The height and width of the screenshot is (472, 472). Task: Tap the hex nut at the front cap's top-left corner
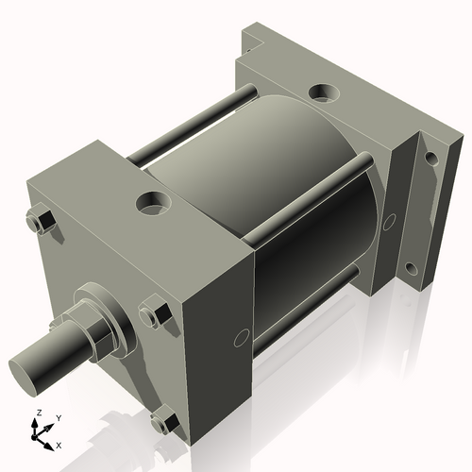(41, 222)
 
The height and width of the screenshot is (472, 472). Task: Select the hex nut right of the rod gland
(154, 312)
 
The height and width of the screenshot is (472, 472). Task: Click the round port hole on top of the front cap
(151, 202)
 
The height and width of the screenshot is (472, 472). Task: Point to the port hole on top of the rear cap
(324, 93)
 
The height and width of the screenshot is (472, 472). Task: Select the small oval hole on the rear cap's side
(387, 222)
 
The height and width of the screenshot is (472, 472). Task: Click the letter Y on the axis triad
(58, 417)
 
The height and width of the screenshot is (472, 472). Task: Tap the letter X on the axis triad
(59, 444)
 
